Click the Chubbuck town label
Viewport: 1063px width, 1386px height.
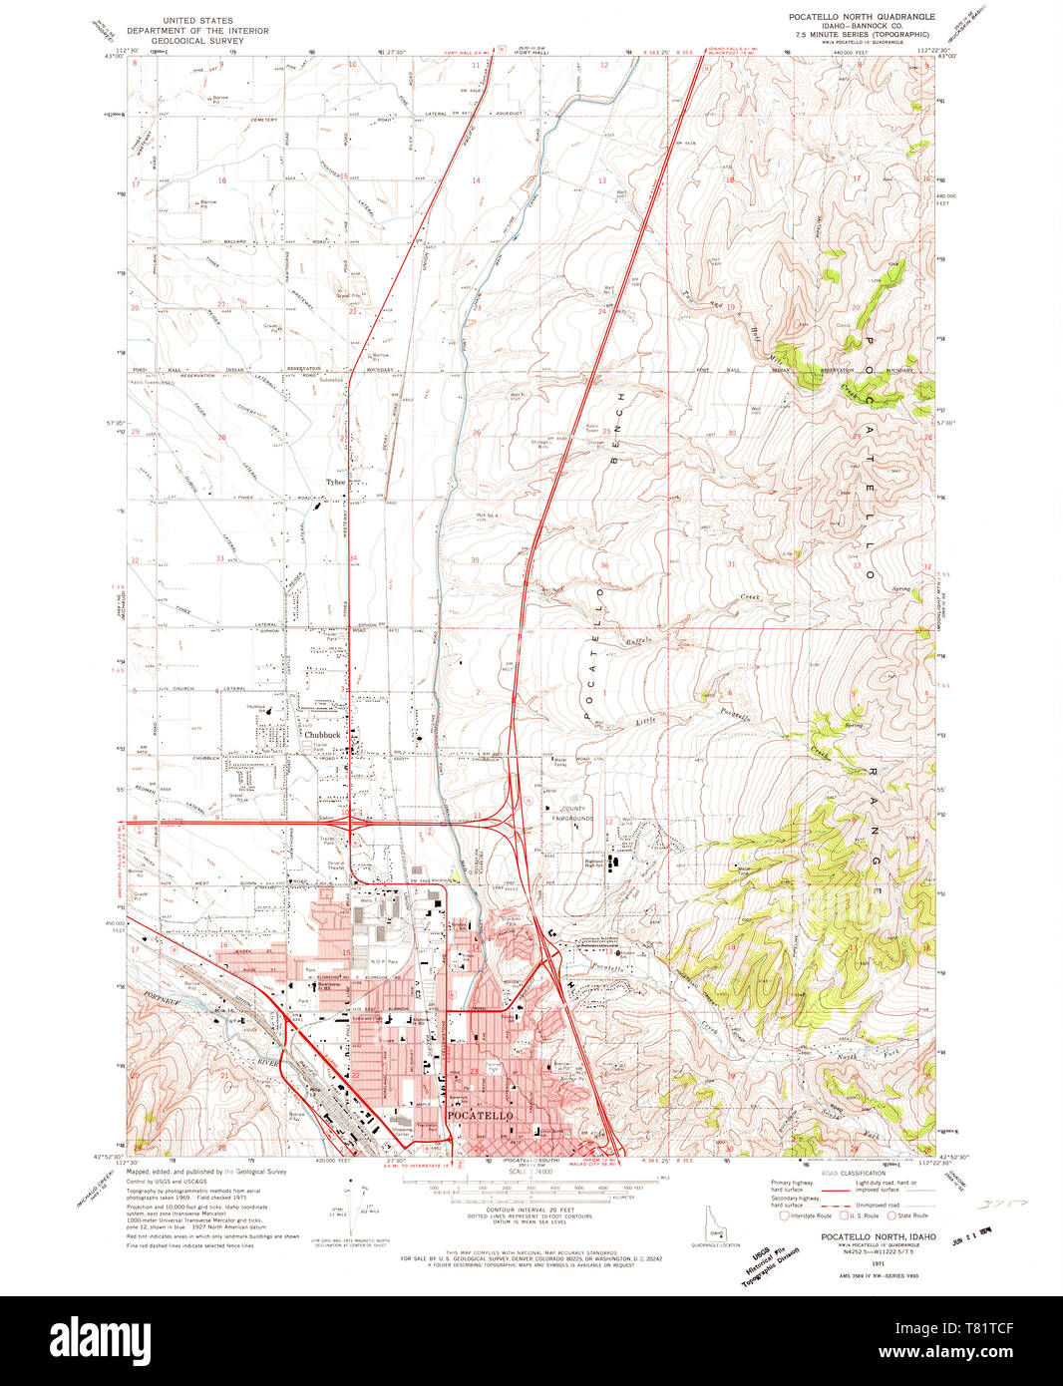click(x=323, y=735)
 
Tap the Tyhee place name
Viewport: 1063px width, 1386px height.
click(x=335, y=482)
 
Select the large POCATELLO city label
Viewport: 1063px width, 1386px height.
click(x=480, y=1115)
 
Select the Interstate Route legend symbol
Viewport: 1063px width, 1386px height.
click(x=785, y=1215)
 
